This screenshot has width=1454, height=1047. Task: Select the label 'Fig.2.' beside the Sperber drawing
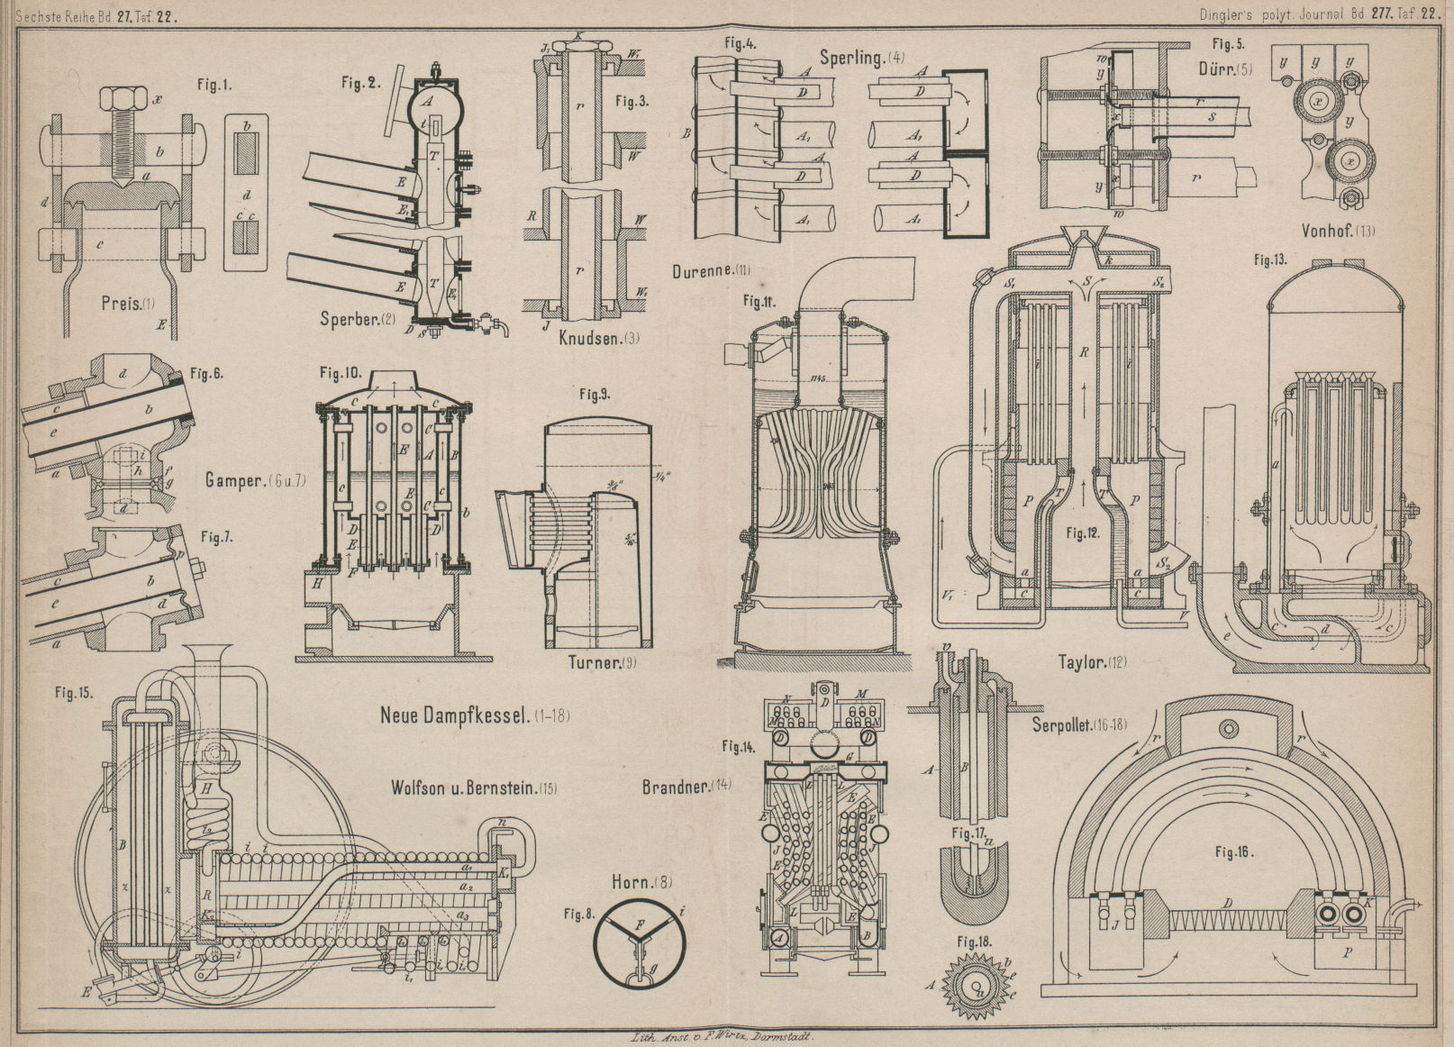point(360,83)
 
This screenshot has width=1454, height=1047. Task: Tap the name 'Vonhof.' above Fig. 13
point(1328,231)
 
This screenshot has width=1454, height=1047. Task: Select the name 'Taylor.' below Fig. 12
point(1083,662)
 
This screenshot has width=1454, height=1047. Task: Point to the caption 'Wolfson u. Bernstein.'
point(461,788)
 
